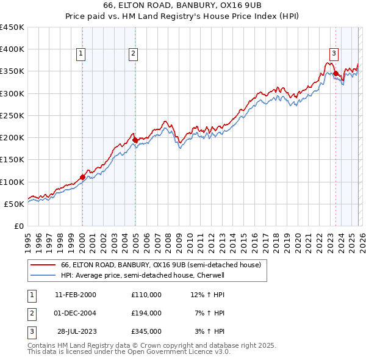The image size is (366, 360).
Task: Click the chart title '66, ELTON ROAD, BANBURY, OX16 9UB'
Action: pos(182,5)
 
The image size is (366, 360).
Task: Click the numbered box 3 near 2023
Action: pos(334,52)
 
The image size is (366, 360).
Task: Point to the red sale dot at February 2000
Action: pos(82,178)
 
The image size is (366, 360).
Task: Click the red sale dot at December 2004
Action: pos(135,140)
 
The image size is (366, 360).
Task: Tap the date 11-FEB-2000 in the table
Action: pos(76,295)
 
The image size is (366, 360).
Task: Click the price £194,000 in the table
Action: pos(146,313)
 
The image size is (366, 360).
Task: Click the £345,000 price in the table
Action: pos(146,331)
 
